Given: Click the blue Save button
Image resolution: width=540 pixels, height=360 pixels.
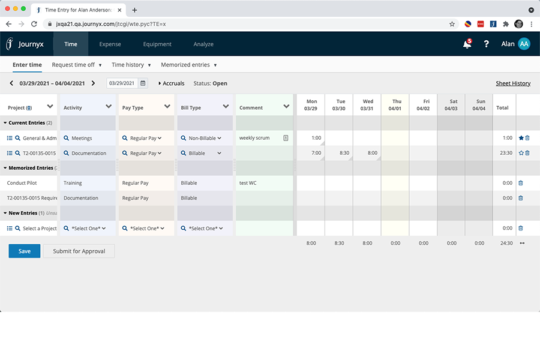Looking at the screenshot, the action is point(25,251).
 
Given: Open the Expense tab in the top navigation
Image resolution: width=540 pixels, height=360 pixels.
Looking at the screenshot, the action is point(110,44).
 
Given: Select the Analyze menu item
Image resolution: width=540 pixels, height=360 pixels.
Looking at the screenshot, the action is point(203,44).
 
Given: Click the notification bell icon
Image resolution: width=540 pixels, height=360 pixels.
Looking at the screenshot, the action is point(467,44).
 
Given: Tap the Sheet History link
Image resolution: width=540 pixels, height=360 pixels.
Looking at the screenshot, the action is point(513,83).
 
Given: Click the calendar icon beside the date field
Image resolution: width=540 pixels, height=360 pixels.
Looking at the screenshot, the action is point(143,83).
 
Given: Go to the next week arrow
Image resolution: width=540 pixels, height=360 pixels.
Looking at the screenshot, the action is point(93,83).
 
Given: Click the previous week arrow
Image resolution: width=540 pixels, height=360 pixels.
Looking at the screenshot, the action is point(11,83).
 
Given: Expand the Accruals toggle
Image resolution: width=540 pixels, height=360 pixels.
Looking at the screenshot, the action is point(172,83).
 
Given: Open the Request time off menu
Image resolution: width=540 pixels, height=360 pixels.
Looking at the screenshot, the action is point(76,65).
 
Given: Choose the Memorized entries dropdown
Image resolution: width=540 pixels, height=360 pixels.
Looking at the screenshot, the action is point(189,65).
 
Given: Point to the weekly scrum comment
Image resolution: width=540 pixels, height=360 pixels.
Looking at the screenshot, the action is point(254,138).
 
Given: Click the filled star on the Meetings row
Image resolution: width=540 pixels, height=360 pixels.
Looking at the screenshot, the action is point(521,138).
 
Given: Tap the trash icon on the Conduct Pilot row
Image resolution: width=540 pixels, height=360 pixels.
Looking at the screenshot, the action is point(521,183).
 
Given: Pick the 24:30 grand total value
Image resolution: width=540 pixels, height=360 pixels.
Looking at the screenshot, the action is point(506,243).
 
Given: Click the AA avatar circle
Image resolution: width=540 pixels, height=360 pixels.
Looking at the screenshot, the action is point(524,44).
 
